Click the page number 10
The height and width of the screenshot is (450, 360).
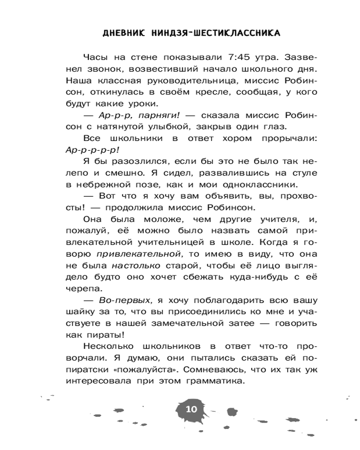click(191, 409)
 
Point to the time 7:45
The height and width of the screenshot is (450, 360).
click(229, 57)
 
